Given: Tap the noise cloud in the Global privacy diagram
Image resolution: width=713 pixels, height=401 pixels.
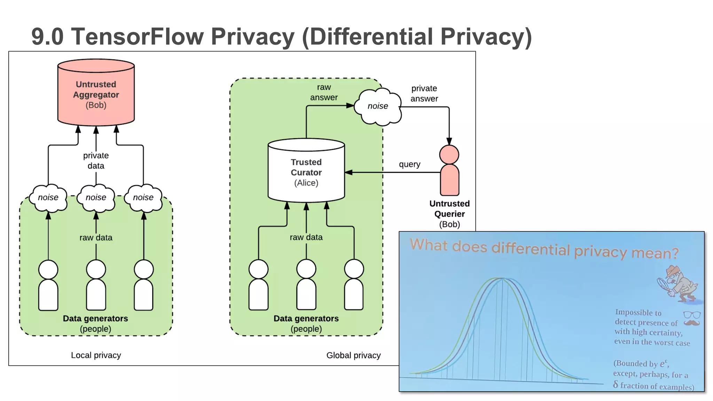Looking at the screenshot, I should click(378, 106).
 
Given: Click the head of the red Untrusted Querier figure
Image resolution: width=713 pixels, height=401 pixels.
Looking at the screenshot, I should click(449, 155).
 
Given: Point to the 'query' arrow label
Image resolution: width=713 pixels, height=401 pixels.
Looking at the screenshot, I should click(409, 164).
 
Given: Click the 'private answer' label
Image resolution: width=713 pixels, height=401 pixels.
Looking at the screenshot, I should click(424, 93).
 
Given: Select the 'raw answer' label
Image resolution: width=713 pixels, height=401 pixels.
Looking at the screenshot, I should click(324, 92).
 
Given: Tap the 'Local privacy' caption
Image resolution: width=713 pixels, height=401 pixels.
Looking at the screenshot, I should click(96, 355).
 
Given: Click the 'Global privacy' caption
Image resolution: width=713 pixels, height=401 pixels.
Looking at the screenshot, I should click(353, 355).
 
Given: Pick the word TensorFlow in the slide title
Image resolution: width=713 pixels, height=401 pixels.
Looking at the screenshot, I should click(138, 37).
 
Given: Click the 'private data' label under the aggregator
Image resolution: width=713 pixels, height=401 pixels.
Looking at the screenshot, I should click(96, 160).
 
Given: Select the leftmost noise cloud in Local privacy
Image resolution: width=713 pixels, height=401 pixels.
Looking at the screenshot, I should click(48, 198).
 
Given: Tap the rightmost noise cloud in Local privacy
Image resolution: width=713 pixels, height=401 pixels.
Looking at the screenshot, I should click(143, 198).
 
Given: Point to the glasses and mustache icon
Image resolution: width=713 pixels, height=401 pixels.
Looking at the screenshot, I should click(691, 319).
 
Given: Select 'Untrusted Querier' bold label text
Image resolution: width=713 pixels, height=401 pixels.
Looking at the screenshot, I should click(449, 209).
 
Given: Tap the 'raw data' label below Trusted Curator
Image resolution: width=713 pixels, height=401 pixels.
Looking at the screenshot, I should click(306, 237).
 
